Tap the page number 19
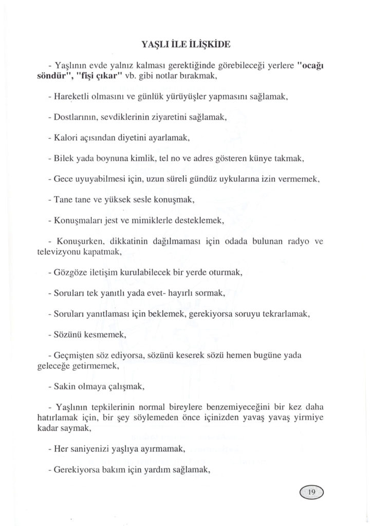311,492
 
